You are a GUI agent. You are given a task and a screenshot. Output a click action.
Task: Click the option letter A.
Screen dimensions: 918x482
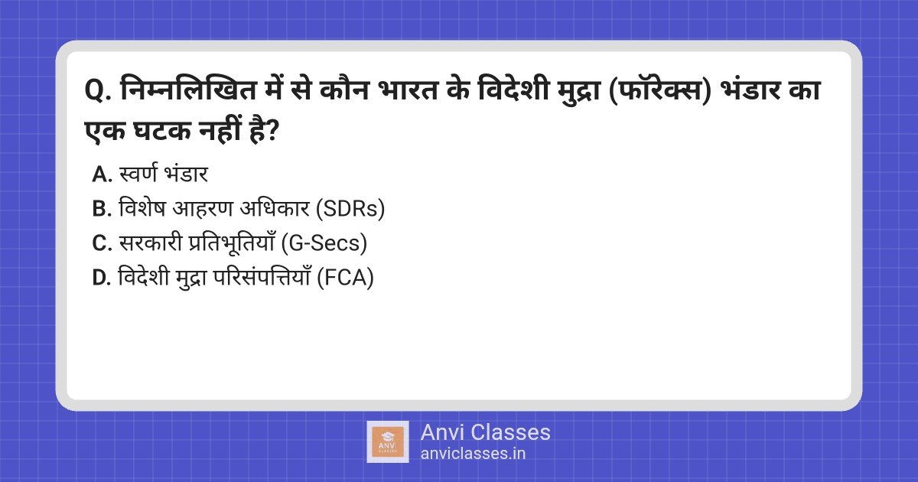pyautogui.click(x=102, y=174)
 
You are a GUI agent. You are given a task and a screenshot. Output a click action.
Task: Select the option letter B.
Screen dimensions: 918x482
pyautogui.click(x=102, y=209)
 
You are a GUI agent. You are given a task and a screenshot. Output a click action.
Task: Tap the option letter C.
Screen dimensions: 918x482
pyautogui.click(x=102, y=243)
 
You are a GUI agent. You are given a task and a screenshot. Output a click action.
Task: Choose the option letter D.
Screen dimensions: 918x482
pyautogui.click(x=102, y=278)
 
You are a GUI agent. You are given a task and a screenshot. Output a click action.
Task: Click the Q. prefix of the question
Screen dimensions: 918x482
pyautogui.click(x=98, y=91)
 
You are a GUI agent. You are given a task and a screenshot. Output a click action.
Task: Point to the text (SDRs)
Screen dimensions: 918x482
pyautogui.click(x=350, y=209)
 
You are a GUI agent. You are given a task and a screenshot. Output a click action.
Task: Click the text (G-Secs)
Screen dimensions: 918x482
pyautogui.click(x=324, y=243)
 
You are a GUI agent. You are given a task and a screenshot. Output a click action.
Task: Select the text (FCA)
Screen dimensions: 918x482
pyautogui.click(x=346, y=278)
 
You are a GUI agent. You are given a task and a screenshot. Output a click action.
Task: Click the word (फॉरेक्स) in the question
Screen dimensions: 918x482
pyautogui.click(x=659, y=90)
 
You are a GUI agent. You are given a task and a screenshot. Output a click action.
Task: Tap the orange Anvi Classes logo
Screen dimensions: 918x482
pyautogui.click(x=388, y=442)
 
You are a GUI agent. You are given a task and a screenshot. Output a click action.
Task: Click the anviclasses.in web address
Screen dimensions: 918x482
pyautogui.click(x=473, y=454)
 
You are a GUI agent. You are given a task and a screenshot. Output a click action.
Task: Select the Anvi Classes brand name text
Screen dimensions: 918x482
pyautogui.click(x=485, y=432)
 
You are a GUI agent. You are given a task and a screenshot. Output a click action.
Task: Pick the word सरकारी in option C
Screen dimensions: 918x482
pyautogui.click(x=150, y=243)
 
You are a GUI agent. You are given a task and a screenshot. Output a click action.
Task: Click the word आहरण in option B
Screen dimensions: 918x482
pyautogui.click(x=203, y=209)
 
